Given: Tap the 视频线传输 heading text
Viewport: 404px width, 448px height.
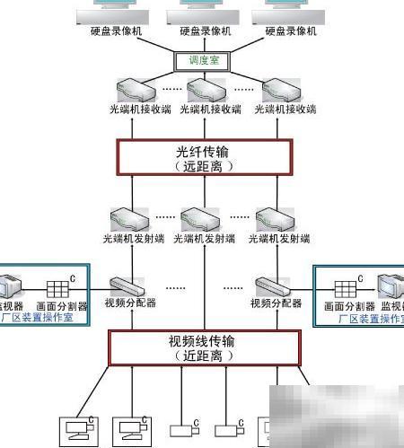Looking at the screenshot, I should (x=205, y=341).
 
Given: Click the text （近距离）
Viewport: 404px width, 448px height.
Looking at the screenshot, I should (x=205, y=356).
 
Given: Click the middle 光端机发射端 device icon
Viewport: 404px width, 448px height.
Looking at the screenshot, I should (x=199, y=219).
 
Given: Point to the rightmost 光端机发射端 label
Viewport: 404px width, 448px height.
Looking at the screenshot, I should (x=282, y=239).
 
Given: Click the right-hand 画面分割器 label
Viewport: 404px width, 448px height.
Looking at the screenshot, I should (x=344, y=305).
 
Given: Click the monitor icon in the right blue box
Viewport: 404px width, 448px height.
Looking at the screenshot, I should (x=391, y=286).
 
